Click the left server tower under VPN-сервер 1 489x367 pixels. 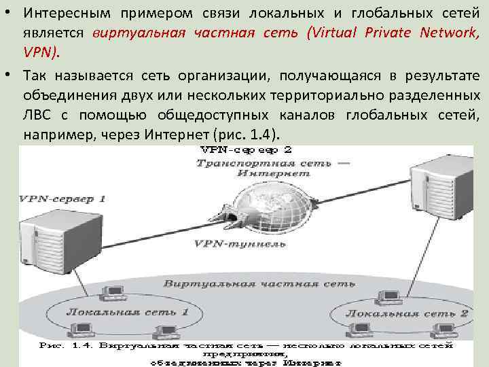point(48,238)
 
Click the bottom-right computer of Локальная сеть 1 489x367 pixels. point(164,332)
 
